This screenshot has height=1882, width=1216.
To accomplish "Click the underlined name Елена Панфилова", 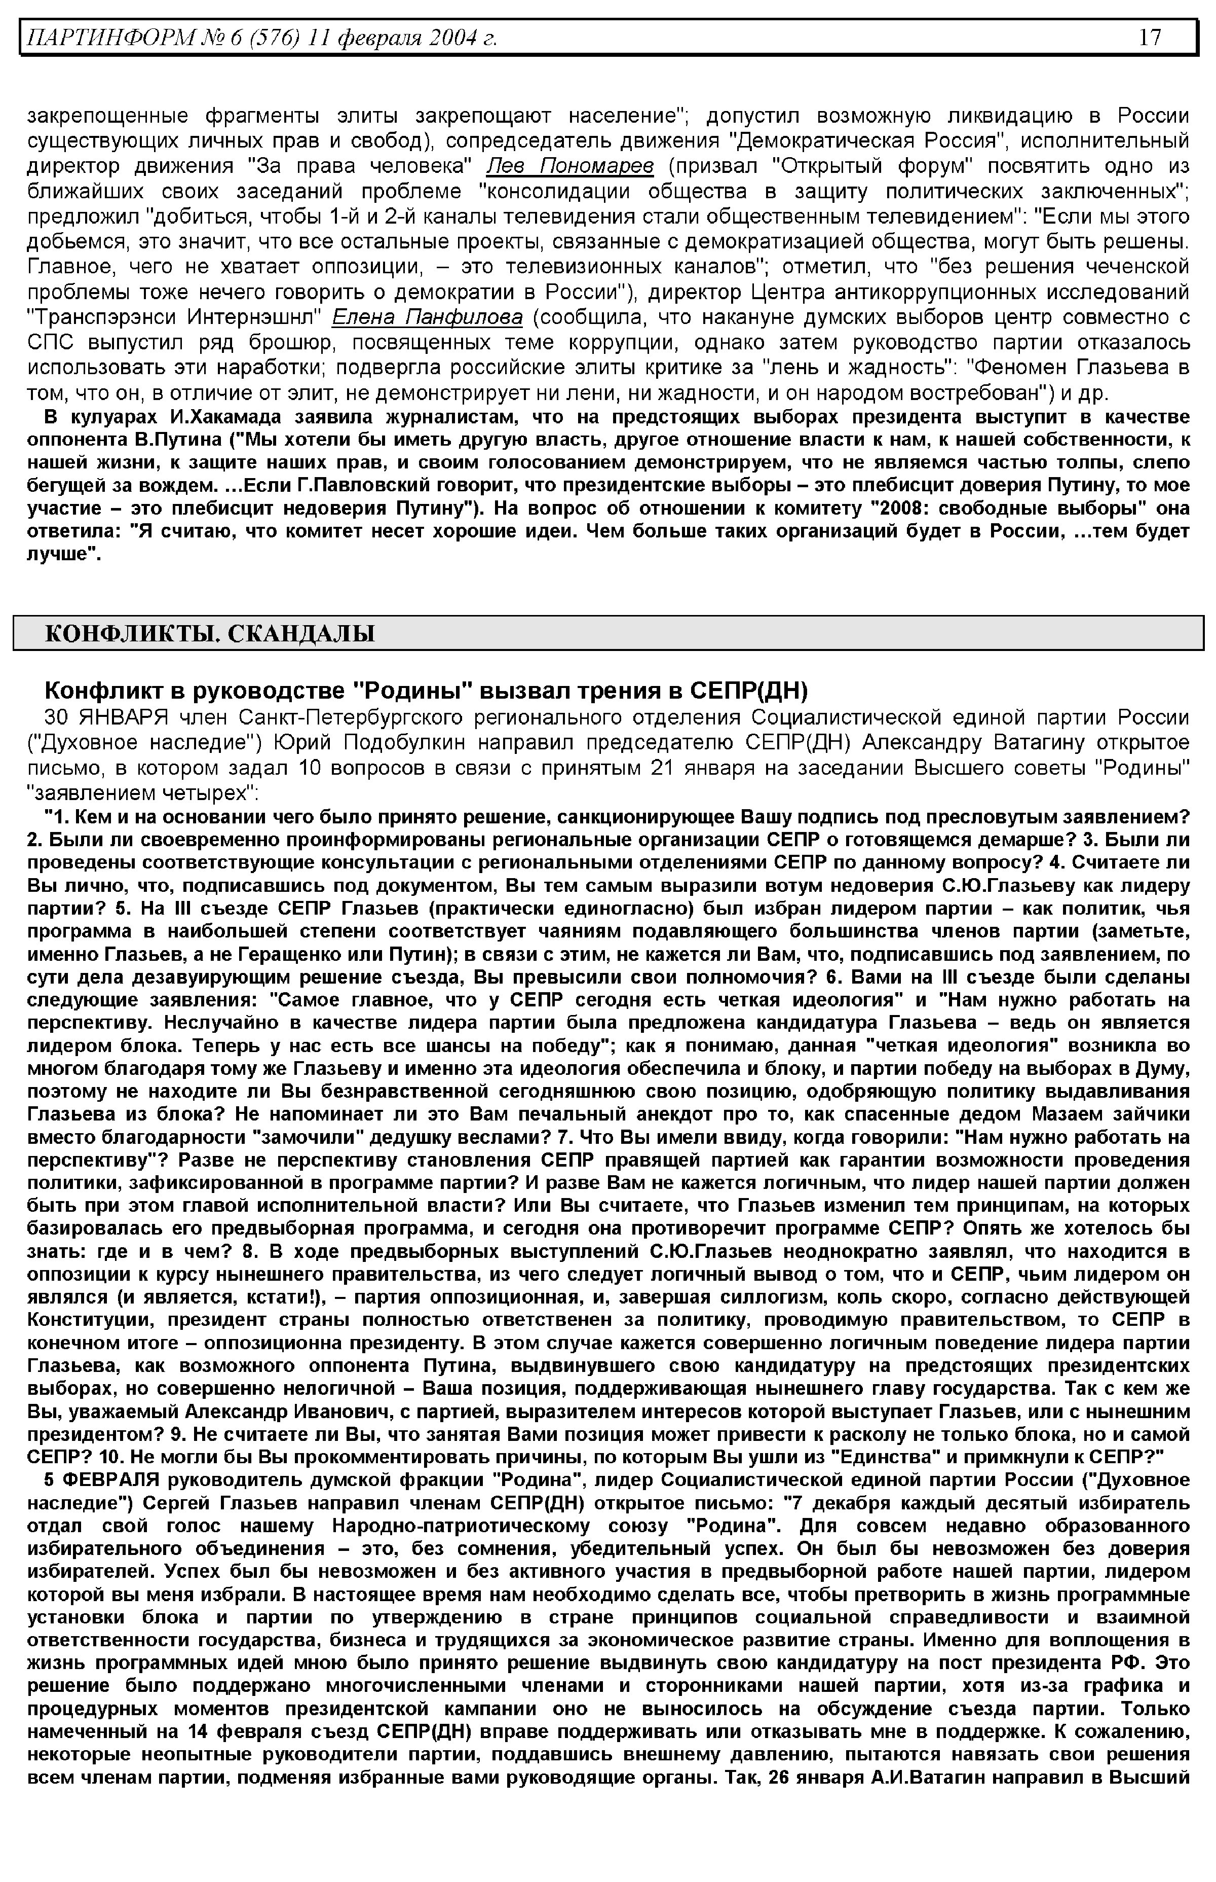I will click(427, 317).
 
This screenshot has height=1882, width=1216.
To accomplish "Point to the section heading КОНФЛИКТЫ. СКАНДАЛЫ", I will click(209, 634).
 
